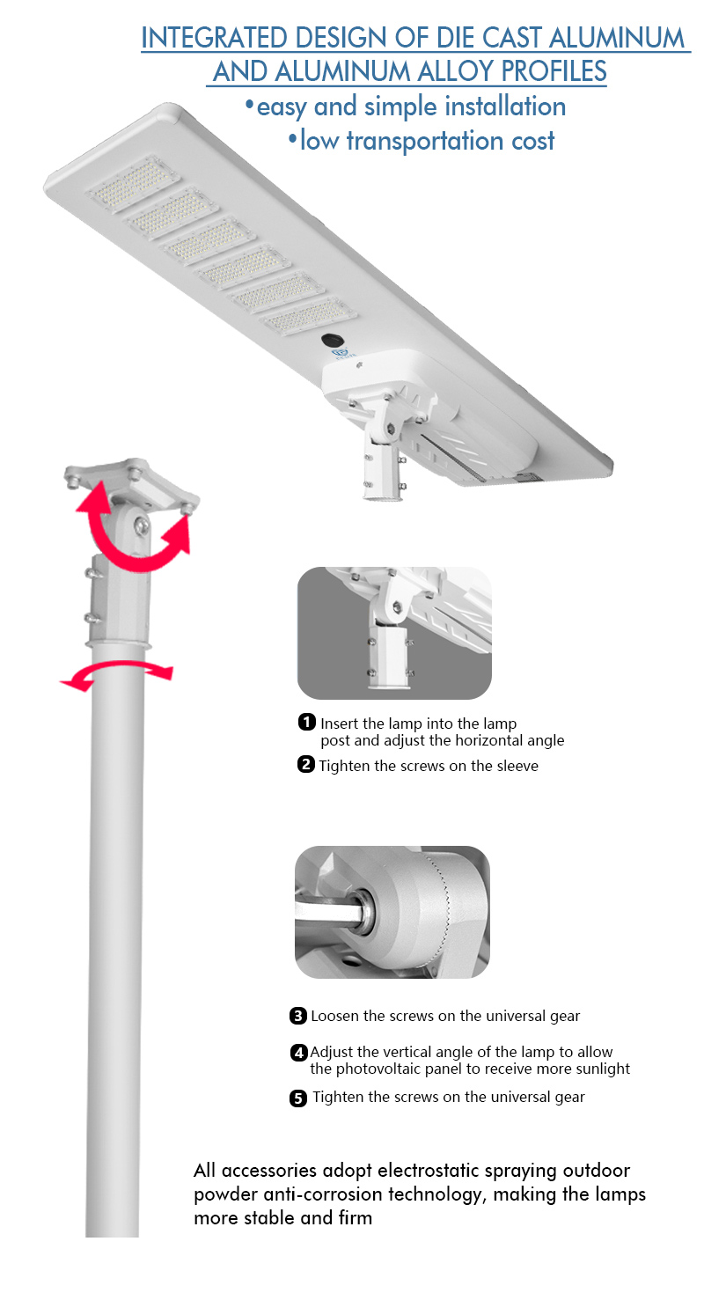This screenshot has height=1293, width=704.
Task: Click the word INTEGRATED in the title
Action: (214, 38)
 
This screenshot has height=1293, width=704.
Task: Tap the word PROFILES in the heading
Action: (554, 71)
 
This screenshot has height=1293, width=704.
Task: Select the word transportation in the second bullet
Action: (425, 141)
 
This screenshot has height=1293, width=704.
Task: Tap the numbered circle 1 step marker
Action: (307, 722)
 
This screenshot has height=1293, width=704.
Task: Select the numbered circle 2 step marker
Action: (306, 764)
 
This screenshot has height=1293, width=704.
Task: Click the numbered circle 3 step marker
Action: (297, 1016)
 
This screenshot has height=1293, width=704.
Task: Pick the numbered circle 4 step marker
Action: (299, 1053)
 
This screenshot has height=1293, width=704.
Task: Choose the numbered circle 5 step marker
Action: (297, 1098)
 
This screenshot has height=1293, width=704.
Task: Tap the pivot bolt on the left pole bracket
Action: (142, 525)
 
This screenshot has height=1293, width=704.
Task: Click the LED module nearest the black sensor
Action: (310, 316)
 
